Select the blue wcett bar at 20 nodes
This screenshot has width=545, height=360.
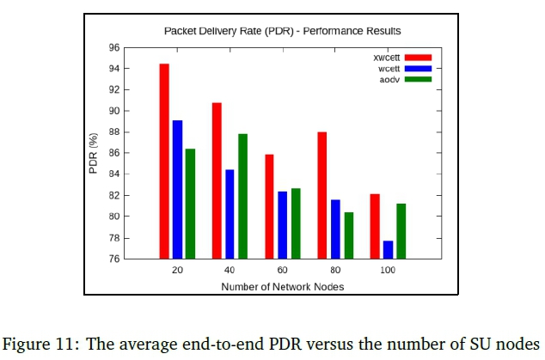(x=177, y=189)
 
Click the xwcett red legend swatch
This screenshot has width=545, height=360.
(x=418, y=58)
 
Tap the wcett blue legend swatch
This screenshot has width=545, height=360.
(x=418, y=68)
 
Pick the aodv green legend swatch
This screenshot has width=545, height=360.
(x=418, y=79)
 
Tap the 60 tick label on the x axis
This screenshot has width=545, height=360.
(x=283, y=271)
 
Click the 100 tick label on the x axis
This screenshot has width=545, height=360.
(x=388, y=271)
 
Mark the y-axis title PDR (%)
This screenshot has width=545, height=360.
(x=94, y=154)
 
